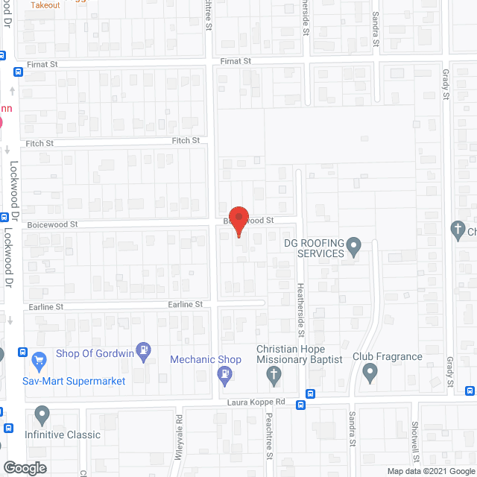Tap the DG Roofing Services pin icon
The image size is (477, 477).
point(355,244)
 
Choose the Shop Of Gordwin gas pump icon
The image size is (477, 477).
point(145,348)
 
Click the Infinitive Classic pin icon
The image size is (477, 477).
point(41,414)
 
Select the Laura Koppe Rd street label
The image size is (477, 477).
point(256,402)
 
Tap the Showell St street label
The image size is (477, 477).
point(414,440)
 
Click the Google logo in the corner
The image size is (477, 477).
point(24,467)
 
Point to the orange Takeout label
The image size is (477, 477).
point(45,4)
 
